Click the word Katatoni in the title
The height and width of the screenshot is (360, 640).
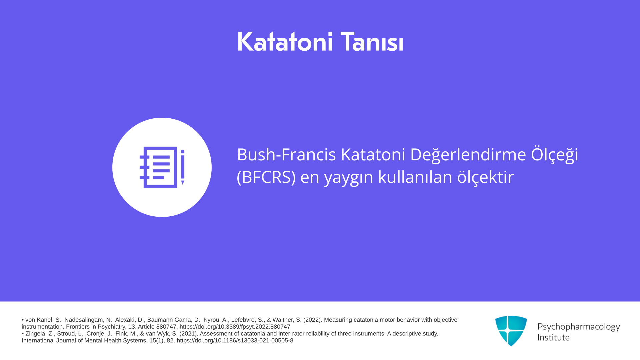point(285,42)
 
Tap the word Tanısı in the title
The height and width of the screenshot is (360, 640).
point(372,42)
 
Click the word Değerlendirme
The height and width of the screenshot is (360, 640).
point(468,155)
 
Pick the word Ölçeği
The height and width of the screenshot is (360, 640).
point(555,155)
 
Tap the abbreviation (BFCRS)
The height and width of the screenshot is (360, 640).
point(266,177)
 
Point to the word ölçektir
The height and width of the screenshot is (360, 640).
point(485,177)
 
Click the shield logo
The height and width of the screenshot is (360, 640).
point(511,331)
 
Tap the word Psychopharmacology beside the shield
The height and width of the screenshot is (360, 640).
point(579,327)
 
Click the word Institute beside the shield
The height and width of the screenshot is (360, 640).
point(553,337)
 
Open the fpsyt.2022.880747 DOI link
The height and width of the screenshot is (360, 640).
point(235,327)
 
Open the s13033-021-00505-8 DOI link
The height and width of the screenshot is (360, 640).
point(235,340)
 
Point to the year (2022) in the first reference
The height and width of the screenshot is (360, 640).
point(312,320)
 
